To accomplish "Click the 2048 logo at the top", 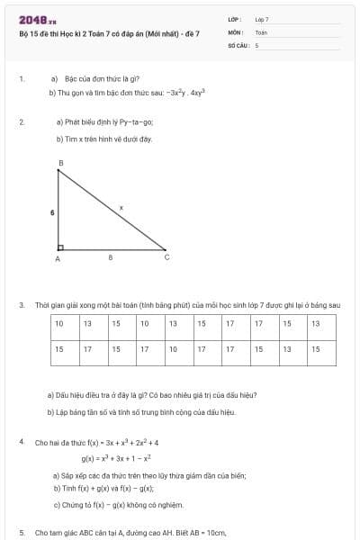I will tap(37, 19).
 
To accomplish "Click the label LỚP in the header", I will tap(235, 19).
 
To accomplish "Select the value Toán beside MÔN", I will tap(262, 31).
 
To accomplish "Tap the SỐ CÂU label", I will tap(238, 44).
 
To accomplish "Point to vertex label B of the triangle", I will tap(60, 163).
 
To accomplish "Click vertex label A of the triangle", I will tap(57, 258).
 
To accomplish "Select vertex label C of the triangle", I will tap(166, 257).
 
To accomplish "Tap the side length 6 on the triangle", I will tap(52, 211).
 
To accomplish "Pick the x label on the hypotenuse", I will tap(121, 207).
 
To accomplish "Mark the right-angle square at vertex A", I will tap(60, 245).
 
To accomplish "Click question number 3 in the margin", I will tap(21, 305).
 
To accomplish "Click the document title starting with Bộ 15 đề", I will tap(109, 33).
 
